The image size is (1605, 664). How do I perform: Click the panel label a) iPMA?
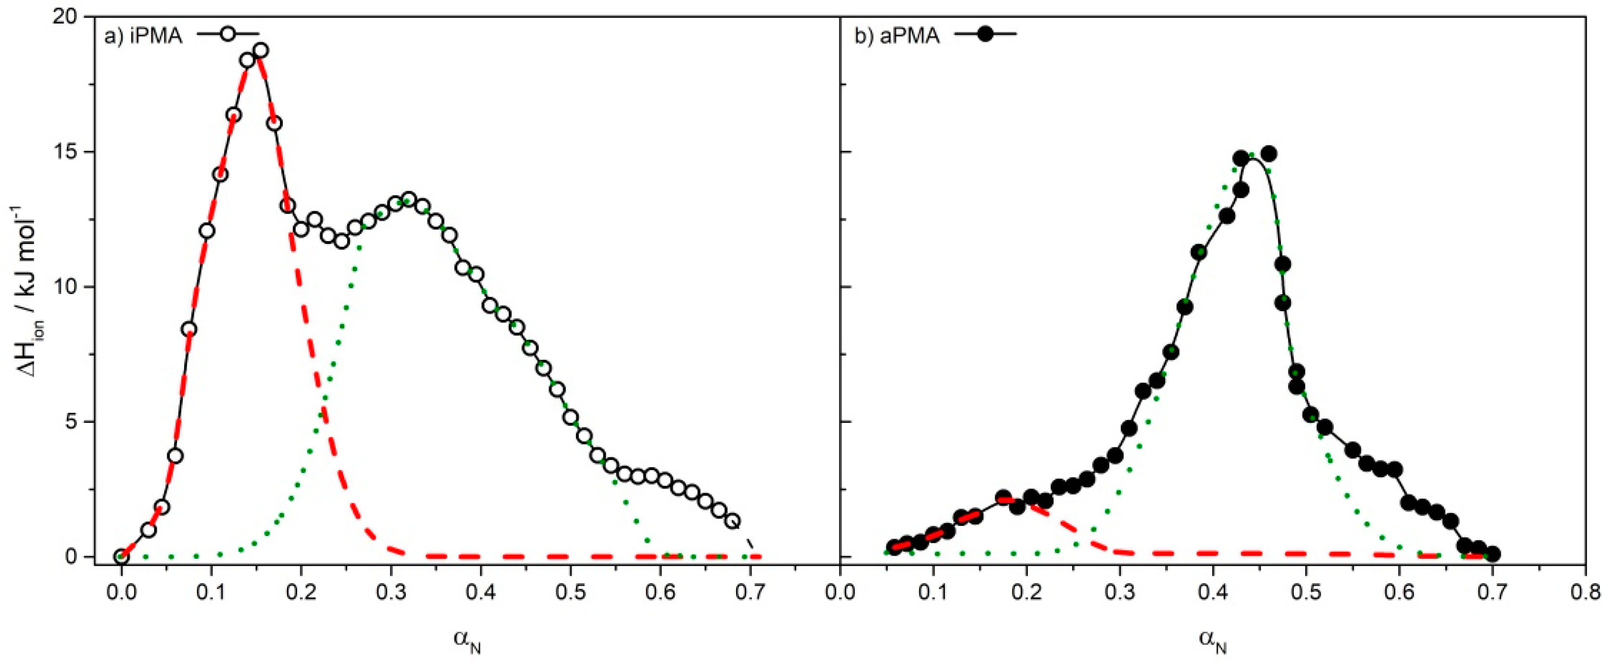click(143, 37)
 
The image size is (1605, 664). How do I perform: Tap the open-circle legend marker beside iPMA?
click(228, 34)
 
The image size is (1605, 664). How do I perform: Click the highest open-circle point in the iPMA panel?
click(261, 51)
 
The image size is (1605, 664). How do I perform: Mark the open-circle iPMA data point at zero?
click(122, 556)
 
